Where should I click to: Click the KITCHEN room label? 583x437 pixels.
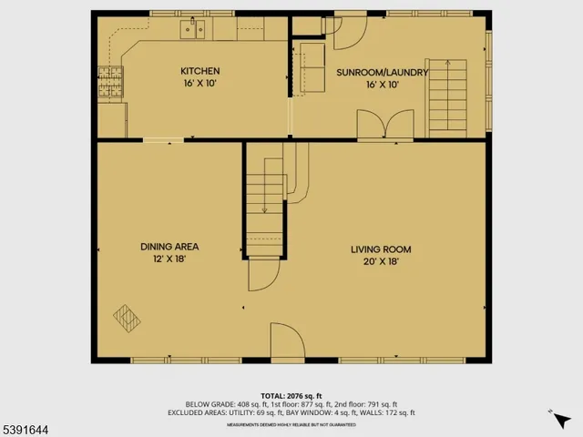(199, 71)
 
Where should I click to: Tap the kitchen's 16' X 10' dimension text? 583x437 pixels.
(199, 83)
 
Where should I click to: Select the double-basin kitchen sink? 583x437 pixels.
(192, 29)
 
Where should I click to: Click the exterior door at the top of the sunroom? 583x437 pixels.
(350, 33)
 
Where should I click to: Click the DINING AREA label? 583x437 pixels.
(169, 247)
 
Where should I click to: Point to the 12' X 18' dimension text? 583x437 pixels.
(169, 259)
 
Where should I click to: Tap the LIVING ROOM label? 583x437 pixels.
(382, 249)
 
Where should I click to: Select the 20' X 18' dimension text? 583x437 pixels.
(382, 261)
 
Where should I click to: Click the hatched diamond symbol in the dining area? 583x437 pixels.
(127, 317)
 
